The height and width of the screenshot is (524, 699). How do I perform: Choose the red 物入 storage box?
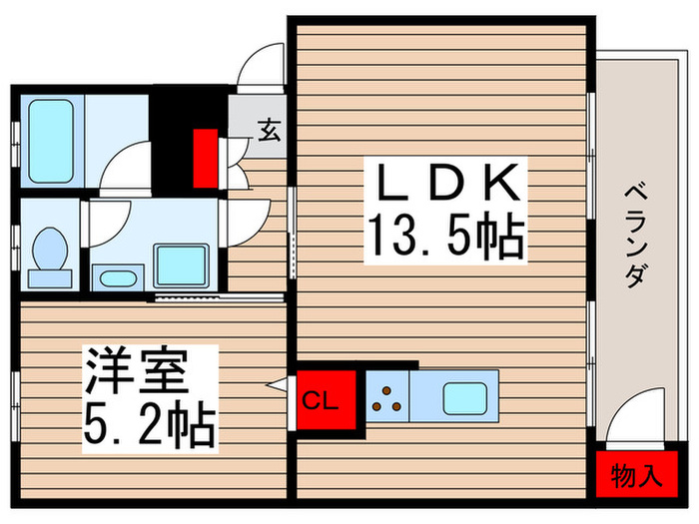[x=636, y=473]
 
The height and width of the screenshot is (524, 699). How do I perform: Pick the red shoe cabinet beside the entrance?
[x=206, y=158]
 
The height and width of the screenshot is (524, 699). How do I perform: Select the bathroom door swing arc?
[x=127, y=165]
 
